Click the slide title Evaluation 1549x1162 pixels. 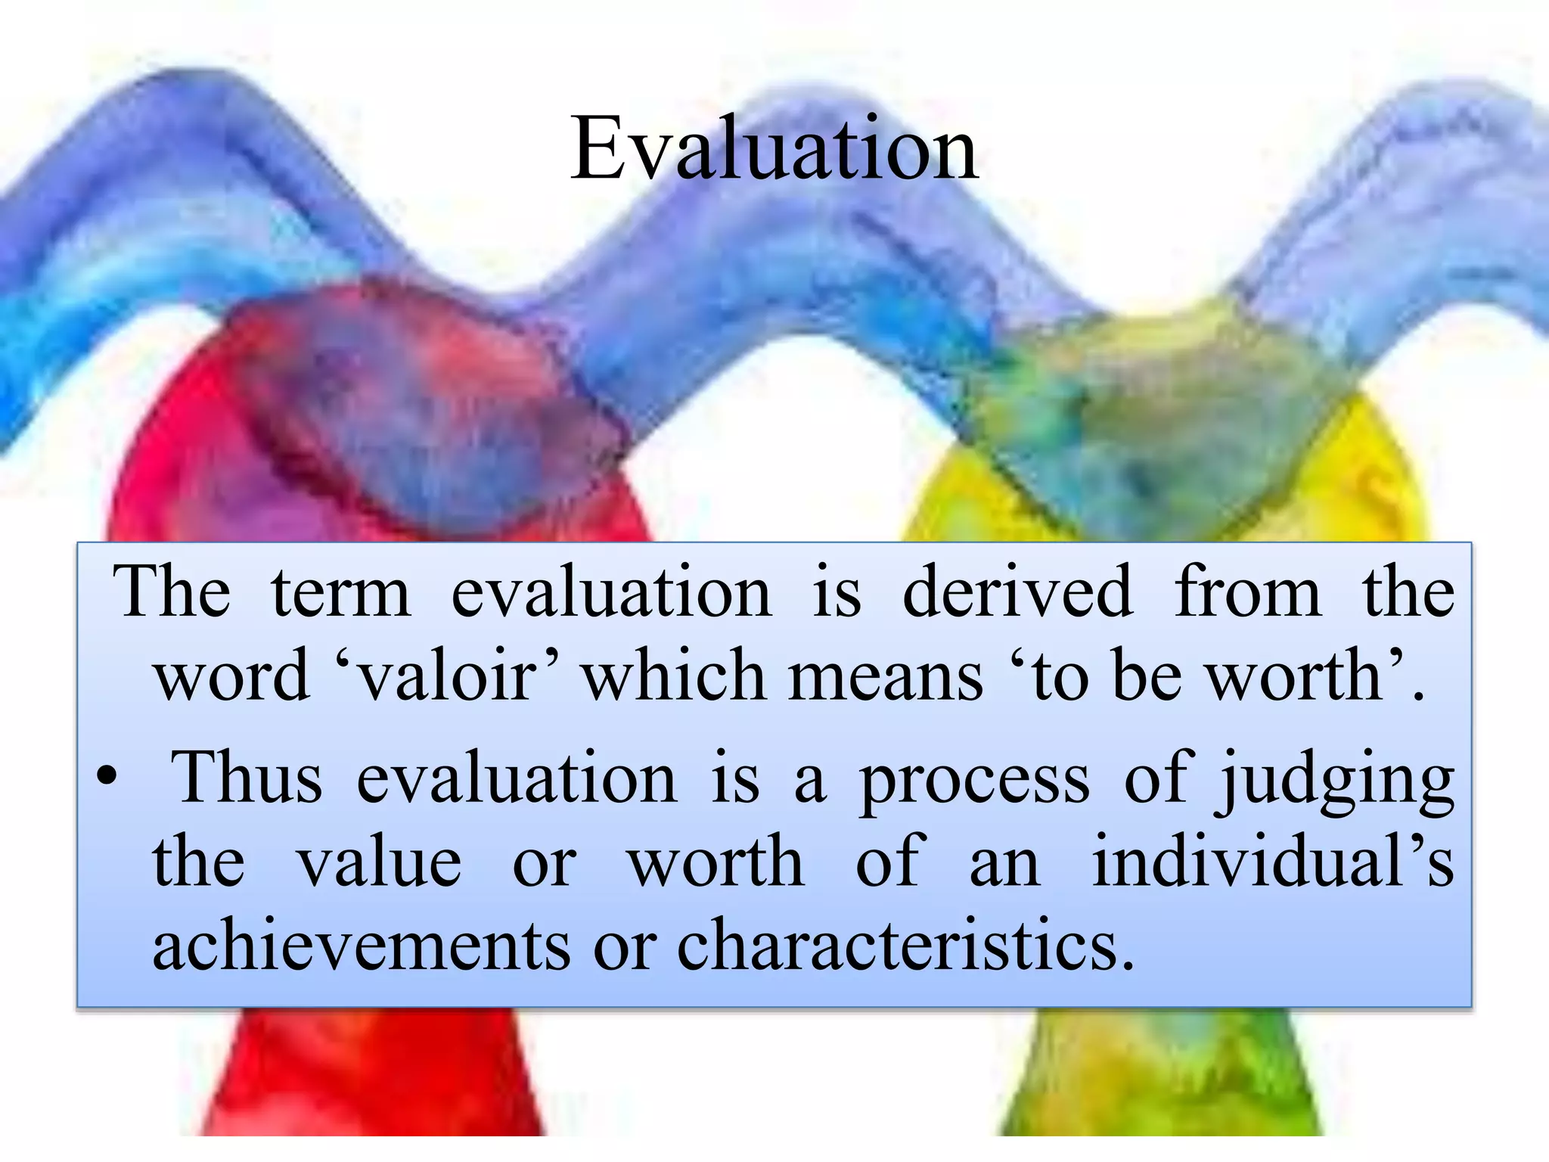pos(774,148)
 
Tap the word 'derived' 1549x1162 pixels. pos(1017,592)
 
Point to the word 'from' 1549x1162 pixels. pos(1247,592)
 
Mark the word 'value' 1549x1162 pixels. pos(379,863)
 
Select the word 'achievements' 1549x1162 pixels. pos(362,945)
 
